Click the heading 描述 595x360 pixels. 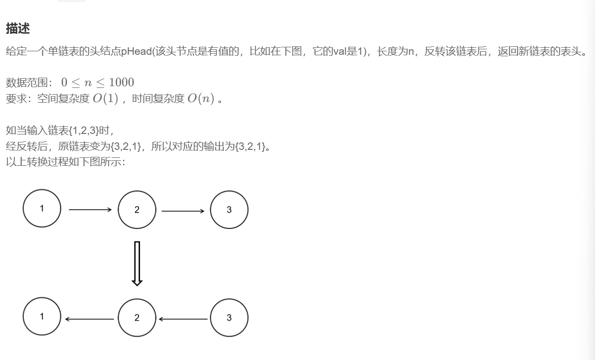[18, 29]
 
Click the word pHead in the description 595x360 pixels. [135, 51]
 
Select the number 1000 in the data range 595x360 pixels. [121, 82]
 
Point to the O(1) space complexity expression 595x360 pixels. [105, 99]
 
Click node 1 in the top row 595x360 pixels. [42, 209]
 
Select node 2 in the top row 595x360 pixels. [137, 210]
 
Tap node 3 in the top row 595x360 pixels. [229, 210]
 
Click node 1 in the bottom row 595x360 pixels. [42, 317]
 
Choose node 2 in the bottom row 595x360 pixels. [137, 318]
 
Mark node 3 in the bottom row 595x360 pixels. [229, 318]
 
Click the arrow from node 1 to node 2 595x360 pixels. [90, 210]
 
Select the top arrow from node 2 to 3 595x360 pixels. [183, 211]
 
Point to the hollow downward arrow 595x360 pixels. [137, 263]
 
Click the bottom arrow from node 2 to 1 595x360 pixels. [90, 319]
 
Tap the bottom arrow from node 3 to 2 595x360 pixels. [183, 319]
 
